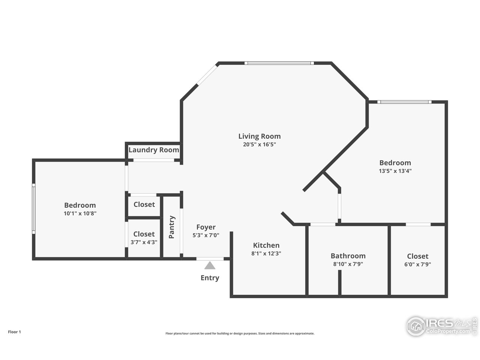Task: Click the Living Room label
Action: [x=259, y=136]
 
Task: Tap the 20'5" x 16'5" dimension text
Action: [x=259, y=144]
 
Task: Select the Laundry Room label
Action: [x=154, y=150]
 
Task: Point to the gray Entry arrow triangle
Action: [x=210, y=265]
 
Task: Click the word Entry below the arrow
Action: [x=210, y=278]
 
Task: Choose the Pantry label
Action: [x=172, y=227]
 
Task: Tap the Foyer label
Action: [x=206, y=227]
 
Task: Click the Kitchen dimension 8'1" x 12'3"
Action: [x=266, y=253]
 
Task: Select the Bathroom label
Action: [x=348, y=256]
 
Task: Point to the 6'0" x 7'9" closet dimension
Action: [x=417, y=264]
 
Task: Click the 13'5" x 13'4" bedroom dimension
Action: [x=395, y=171]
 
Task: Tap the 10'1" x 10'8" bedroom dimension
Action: [x=80, y=213]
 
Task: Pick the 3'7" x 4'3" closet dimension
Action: [x=144, y=242]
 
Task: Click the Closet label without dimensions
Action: [x=144, y=204]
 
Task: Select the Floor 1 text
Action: [x=14, y=332]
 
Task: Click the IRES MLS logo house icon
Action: [x=416, y=326]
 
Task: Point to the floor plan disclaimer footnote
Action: [x=240, y=333]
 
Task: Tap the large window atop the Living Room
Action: [x=279, y=63]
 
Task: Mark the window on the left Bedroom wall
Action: [x=34, y=209]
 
